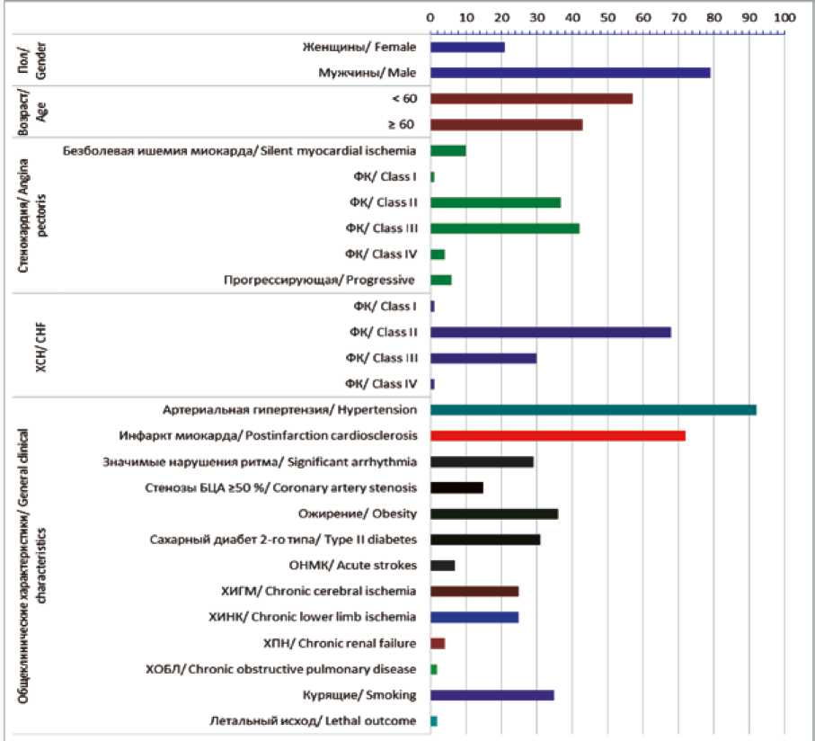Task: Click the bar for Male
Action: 571,73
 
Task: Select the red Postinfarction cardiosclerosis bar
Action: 558,436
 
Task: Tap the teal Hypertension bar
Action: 593,410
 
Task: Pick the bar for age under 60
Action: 532,98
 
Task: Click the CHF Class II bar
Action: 551,332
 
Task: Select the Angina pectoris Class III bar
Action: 505,228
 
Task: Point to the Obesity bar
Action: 494,513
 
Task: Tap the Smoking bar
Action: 492,695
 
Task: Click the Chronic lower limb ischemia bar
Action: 474,618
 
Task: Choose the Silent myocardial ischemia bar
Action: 448,150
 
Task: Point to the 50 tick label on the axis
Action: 607,17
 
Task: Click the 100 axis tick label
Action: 784,17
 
